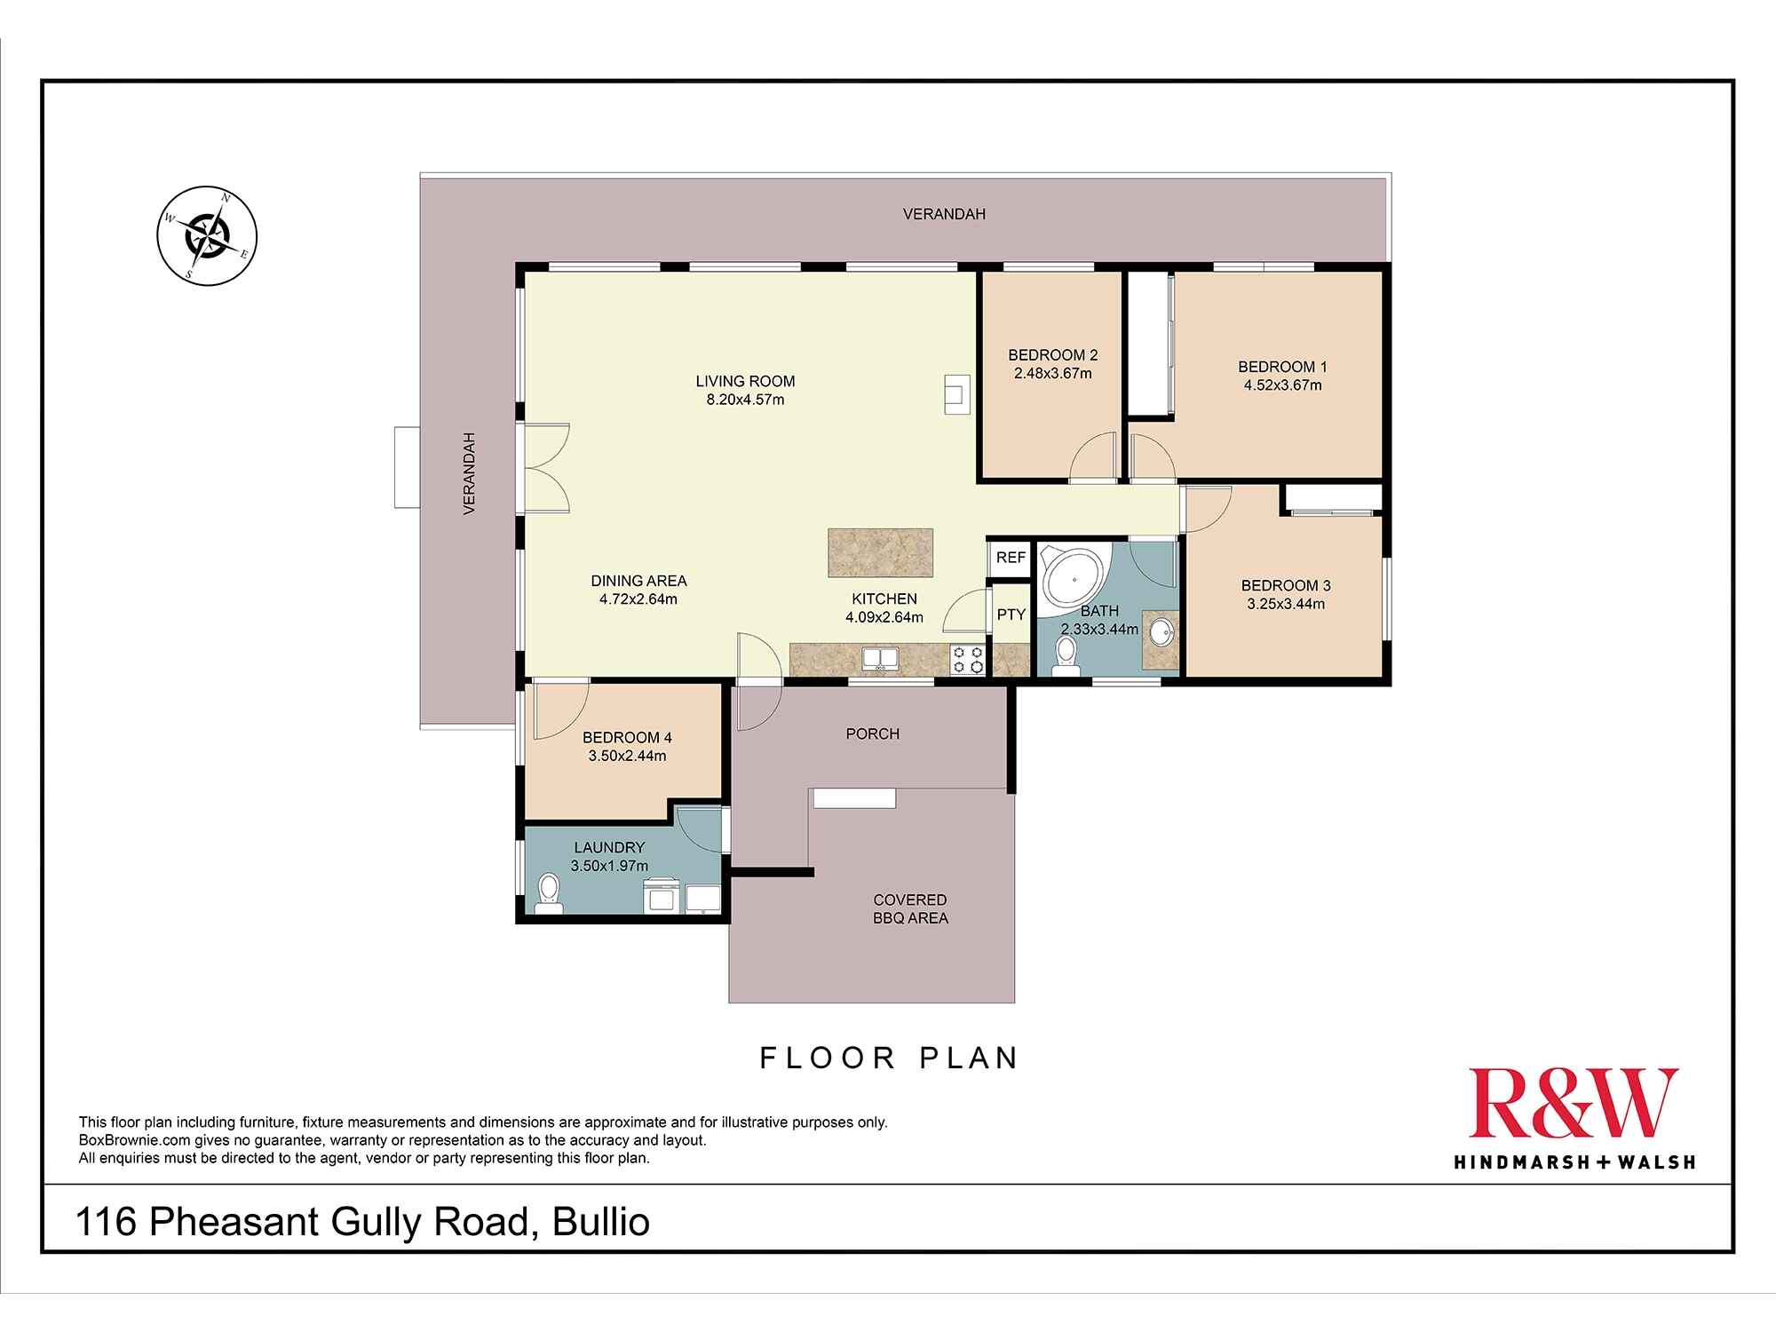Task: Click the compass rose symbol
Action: pos(207,236)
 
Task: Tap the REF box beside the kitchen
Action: pos(1011,558)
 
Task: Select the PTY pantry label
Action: pos(1011,614)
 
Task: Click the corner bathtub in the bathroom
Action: pos(1074,578)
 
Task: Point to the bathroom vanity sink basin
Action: pos(1161,633)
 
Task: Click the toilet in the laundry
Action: pos(549,892)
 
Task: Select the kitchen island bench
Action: pos(880,552)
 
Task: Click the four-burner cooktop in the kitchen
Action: pos(968,659)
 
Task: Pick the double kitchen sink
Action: pos(880,659)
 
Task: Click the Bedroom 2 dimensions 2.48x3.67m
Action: pos(1052,374)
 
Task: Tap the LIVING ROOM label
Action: pos(745,381)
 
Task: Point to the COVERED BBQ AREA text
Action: pos(910,909)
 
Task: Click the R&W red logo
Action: pos(1573,1104)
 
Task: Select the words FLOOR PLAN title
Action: pos(888,1058)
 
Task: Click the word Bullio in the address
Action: pos(601,1222)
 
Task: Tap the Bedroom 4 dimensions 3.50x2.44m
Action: pos(627,757)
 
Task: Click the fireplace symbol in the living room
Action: pos(956,394)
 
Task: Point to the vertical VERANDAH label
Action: pos(470,473)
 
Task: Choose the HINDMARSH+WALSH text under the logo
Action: pos(1574,1162)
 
